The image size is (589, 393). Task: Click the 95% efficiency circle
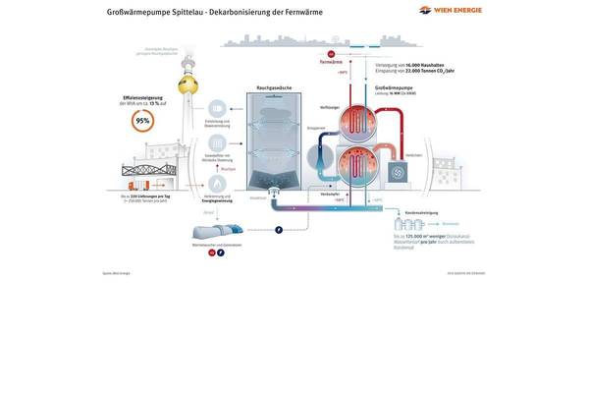(x=142, y=121)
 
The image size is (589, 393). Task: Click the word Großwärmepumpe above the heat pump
(x=394, y=87)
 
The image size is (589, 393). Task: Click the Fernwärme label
(x=331, y=61)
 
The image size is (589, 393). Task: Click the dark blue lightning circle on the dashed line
(x=278, y=231)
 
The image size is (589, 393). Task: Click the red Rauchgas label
(x=228, y=169)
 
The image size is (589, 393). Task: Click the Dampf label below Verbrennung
(x=208, y=211)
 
